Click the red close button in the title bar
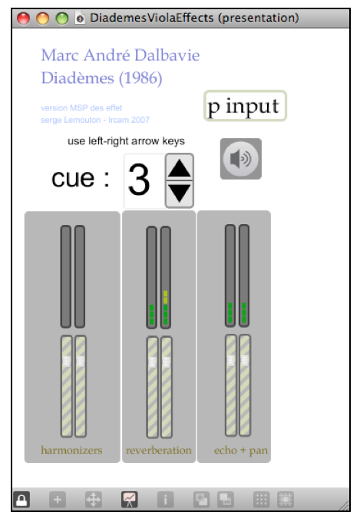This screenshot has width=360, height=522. tap(23, 18)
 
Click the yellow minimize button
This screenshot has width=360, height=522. tap(43, 18)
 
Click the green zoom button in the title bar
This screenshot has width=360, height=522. tap(62, 18)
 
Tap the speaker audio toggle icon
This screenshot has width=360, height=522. tap(241, 159)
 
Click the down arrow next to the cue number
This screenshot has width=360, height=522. tap(180, 193)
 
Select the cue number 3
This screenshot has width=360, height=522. tap(139, 180)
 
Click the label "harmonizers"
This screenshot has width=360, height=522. tap(71, 450)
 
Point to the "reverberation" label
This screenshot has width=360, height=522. tap(159, 450)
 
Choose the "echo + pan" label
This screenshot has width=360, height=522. tap(241, 450)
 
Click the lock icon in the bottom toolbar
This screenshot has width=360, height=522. tap(21, 500)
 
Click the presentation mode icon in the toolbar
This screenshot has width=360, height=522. tap(130, 500)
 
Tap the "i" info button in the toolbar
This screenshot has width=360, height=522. tap(165, 500)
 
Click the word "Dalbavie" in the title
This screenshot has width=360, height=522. tap(167, 55)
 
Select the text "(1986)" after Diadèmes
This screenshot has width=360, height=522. tap(140, 78)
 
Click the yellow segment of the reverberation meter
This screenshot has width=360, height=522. tap(166, 297)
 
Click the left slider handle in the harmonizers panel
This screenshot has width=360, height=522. tap(66, 362)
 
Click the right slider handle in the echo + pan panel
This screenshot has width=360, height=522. tap(245, 360)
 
